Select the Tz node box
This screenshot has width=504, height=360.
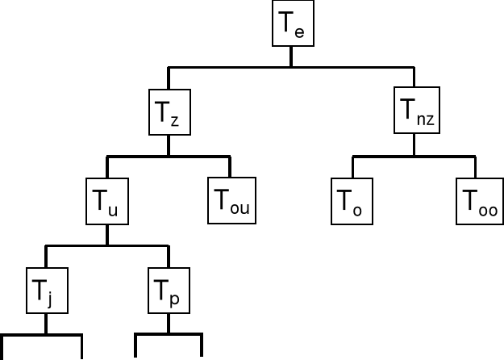click(169, 113)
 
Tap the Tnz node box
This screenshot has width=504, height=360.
click(414, 113)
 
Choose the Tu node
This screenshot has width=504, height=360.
click(107, 201)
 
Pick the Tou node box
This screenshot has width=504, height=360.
click(230, 201)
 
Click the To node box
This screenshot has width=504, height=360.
click(352, 201)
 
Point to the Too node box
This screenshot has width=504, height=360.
click(477, 201)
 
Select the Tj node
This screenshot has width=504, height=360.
click(45, 290)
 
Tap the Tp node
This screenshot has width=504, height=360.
click(169, 290)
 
